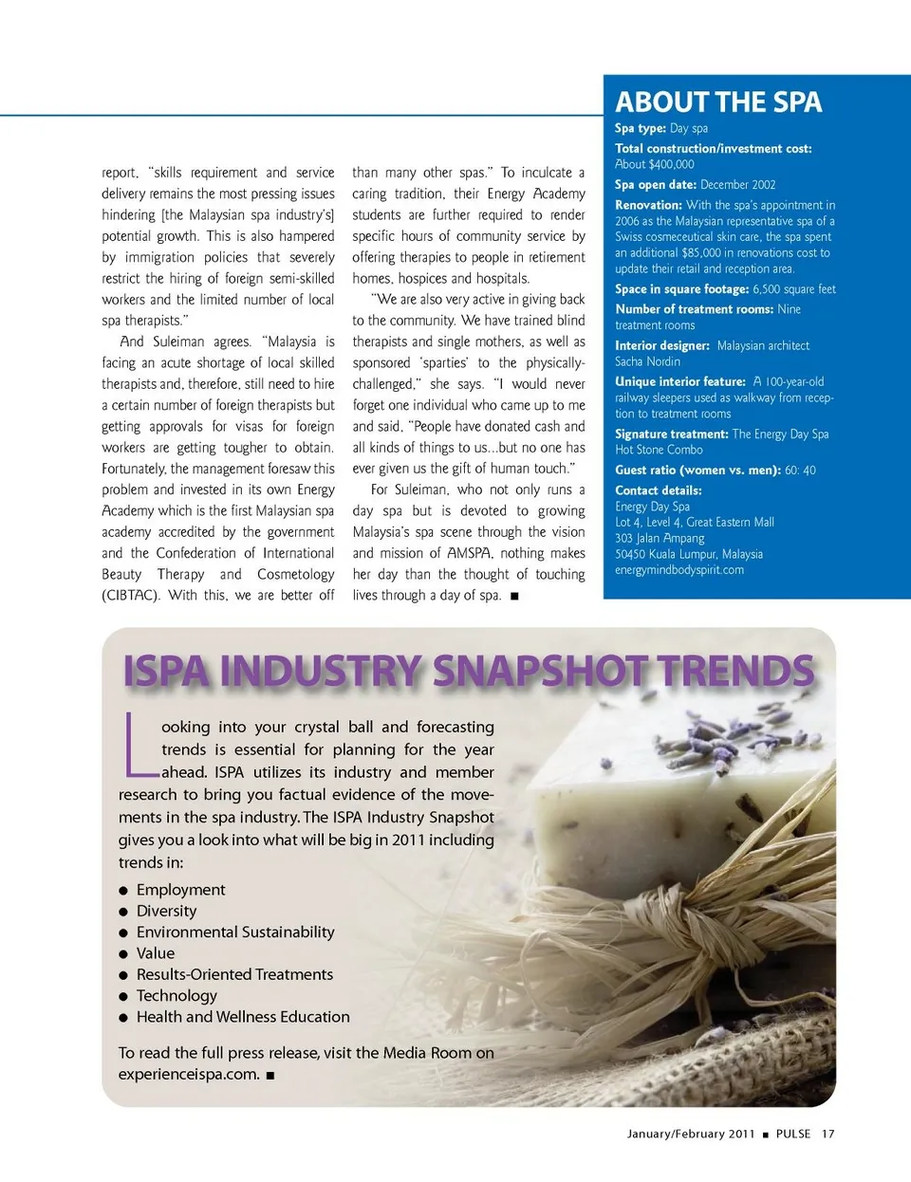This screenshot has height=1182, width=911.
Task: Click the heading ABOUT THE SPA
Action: (x=718, y=102)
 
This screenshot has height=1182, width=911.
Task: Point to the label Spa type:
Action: (x=640, y=128)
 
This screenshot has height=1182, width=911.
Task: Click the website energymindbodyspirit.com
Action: (x=679, y=570)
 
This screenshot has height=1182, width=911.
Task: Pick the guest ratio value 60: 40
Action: (x=800, y=471)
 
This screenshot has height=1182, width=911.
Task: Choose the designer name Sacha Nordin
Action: (x=647, y=361)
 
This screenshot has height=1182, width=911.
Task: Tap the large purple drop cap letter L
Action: (x=137, y=743)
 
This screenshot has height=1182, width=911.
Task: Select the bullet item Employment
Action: (x=180, y=890)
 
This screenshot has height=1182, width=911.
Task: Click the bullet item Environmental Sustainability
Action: (x=235, y=933)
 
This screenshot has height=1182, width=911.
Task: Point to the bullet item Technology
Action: (x=177, y=995)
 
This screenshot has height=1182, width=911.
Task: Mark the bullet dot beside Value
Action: (x=123, y=954)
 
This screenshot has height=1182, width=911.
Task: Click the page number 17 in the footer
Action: (x=827, y=1134)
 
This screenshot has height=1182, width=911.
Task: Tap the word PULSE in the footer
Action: (x=792, y=1134)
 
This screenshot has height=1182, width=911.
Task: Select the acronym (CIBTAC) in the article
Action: (x=130, y=596)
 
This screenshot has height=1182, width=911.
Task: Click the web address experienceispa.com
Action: (x=189, y=1075)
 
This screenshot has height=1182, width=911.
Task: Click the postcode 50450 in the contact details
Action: (x=630, y=554)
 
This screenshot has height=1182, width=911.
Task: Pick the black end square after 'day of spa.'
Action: (x=514, y=597)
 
